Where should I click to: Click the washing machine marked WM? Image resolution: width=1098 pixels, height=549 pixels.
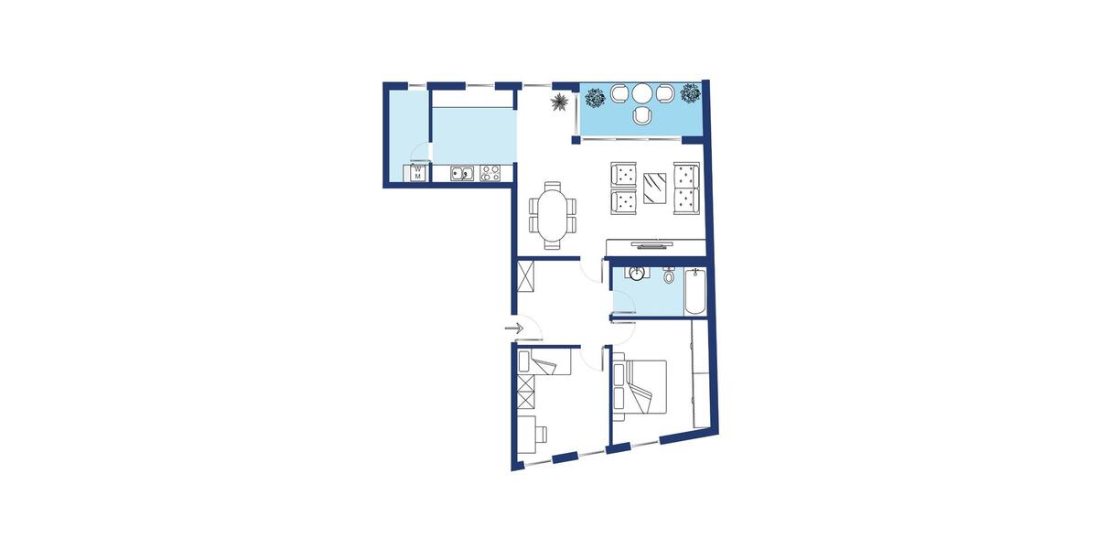click(x=417, y=172)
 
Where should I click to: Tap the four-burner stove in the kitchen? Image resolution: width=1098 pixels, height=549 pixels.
click(x=490, y=171)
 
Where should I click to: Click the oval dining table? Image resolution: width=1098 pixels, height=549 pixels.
click(x=552, y=214)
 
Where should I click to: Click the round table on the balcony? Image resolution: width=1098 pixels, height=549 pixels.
click(x=642, y=92)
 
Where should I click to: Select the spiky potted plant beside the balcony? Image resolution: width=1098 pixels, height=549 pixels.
click(x=557, y=101)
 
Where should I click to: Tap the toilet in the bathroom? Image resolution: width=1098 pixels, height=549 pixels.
click(x=669, y=274)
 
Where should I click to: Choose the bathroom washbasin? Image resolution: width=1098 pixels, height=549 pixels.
click(x=637, y=273)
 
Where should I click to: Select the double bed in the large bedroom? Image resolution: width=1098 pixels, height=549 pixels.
click(x=640, y=386)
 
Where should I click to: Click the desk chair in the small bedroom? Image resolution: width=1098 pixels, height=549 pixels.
click(x=544, y=432)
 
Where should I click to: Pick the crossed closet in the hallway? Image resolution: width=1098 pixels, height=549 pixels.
click(x=526, y=277)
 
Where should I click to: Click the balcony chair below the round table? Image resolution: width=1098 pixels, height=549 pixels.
click(x=642, y=114)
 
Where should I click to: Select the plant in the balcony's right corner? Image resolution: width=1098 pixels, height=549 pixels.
click(x=689, y=93)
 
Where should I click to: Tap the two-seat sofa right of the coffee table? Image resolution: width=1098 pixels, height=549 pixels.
click(x=685, y=188)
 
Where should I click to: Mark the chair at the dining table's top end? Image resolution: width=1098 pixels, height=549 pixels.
click(x=552, y=187)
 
